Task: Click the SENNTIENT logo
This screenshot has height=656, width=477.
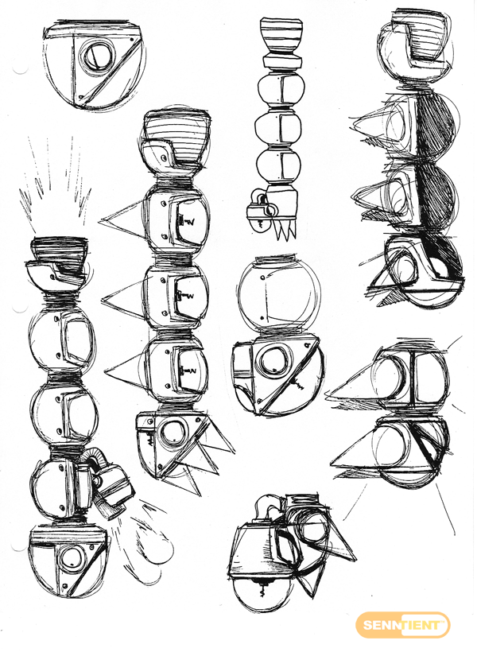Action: [x=402, y=625]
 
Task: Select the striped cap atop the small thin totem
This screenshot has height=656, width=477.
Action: [x=281, y=37]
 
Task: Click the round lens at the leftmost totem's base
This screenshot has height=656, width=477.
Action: [x=69, y=559]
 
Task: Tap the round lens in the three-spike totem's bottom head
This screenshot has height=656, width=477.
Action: [x=173, y=435]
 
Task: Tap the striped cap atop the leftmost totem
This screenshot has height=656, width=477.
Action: [x=60, y=251]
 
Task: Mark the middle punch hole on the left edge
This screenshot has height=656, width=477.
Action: [x=18, y=309]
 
